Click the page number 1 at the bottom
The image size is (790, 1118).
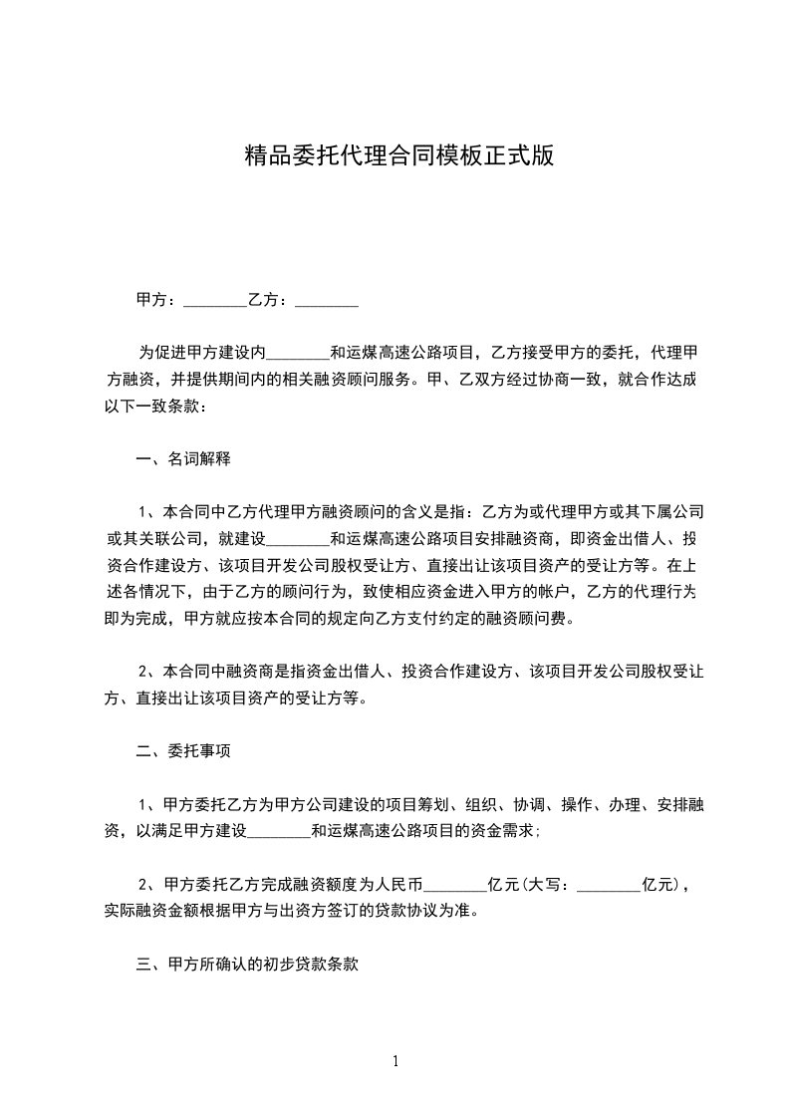pyautogui.click(x=395, y=1061)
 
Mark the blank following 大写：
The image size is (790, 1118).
pyautogui.click(x=609, y=884)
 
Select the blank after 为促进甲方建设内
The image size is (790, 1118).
pyautogui.click(x=300, y=353)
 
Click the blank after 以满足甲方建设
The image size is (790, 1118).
pyautogui.click(x=279, y=830)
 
